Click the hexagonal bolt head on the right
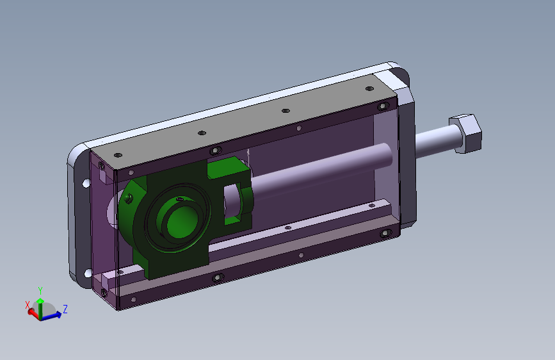point(465,134)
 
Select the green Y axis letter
point(40,291)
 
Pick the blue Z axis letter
point(65,309)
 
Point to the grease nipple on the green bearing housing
point(129,198)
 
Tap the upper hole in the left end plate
point(86,183)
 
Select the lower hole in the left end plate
point(88,273)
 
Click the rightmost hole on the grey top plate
point(369,88)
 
